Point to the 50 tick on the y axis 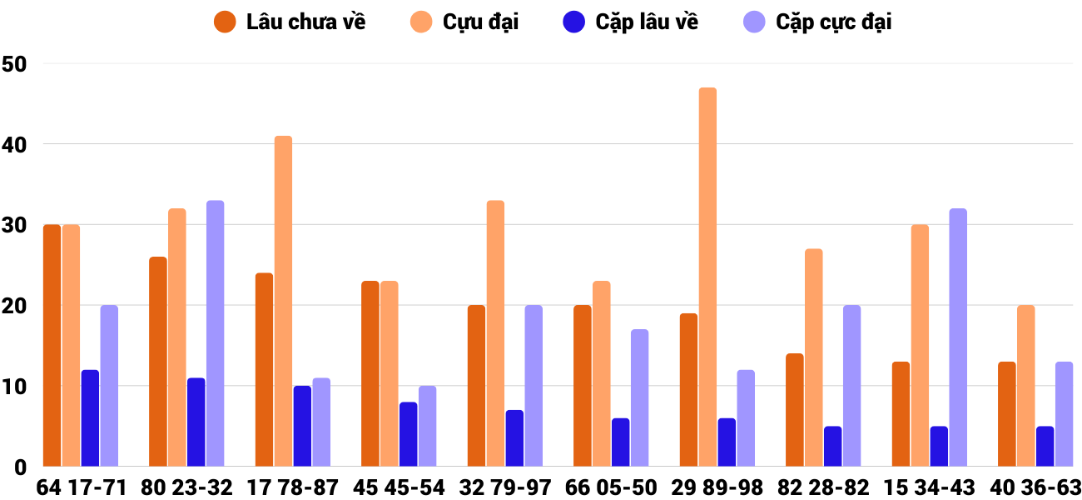tap(16, 63)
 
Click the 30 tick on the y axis tap(16, 225)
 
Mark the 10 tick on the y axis tap(16, 387)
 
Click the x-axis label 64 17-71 tap(81, 487)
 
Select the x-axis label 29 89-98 tap(717, 487)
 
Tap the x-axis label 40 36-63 tap(1036, 487)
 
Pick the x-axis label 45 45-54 tap(399, 487)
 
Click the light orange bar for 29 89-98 tap(707, 277)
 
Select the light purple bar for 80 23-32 tap(215, 333)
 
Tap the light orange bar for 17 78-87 tap(283, 301)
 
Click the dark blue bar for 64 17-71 tap(90, 418)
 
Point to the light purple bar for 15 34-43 tap(958, 337)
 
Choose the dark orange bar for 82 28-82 tap(795, 410)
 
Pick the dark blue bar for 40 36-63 tap(1045, 447)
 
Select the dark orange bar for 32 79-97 tap(476, 386)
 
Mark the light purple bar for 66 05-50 tap(639, 398)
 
